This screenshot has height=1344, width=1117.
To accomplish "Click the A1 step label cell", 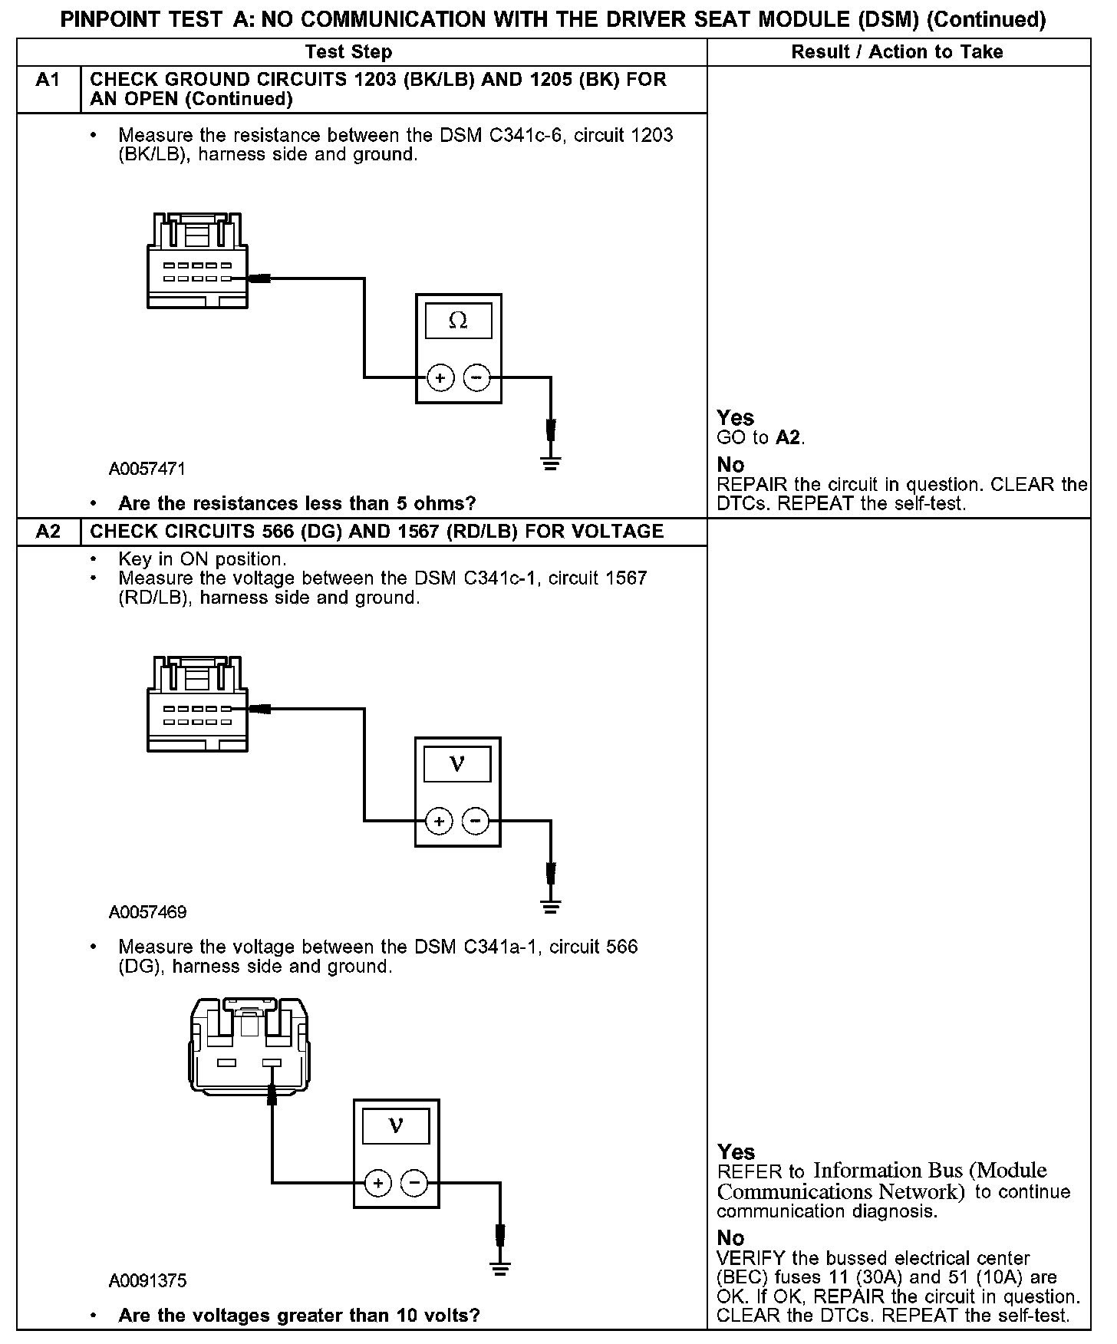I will tap(48, 81).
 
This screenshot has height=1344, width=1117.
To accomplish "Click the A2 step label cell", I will tap(48, 532).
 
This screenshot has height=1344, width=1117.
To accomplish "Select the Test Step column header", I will tap(348, 52).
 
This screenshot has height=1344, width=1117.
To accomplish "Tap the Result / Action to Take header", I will tap(897, 52).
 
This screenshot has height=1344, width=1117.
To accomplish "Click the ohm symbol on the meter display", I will tap(458, 321).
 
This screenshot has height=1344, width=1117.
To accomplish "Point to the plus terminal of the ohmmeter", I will tap(440, 377).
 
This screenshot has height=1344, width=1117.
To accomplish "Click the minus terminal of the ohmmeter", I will tap(476, 377).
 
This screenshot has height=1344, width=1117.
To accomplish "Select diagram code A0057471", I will tap(147, 469).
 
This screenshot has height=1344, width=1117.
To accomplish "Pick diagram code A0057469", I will tap(147, 912).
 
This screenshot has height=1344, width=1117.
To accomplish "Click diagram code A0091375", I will tap(147, 1280).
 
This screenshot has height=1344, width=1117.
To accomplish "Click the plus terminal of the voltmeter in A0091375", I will tap(377, 1183).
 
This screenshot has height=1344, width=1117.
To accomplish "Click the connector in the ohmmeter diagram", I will tap(197, 261).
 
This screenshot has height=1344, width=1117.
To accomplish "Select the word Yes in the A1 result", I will tap(735, 418).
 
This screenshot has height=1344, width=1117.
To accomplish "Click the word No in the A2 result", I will tap(730, 1238).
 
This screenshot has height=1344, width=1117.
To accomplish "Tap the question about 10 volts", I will tap(298, 1316).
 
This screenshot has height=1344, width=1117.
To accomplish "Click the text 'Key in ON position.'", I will tap(203, 559).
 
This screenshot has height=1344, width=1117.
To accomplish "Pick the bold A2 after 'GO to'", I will tap(789, 438).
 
